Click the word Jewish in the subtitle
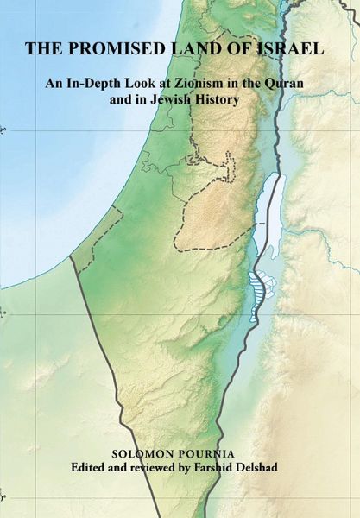point(191,102)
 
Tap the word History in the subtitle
point(243,102)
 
